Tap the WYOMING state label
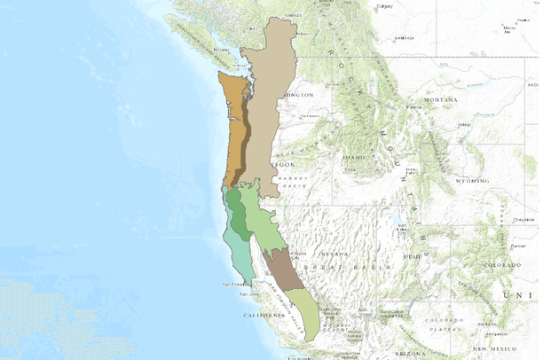tap(472, 180)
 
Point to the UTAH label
tap(411, 255)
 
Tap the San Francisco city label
tap(232, 284)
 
